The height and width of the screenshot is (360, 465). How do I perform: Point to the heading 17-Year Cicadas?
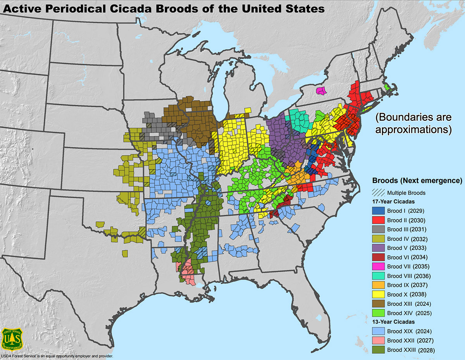[393, 202]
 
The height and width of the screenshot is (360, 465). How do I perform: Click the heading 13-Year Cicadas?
[393, 322]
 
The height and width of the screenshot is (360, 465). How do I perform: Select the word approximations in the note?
[413, 129]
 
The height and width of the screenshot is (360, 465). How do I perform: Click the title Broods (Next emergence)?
[417, 181]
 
